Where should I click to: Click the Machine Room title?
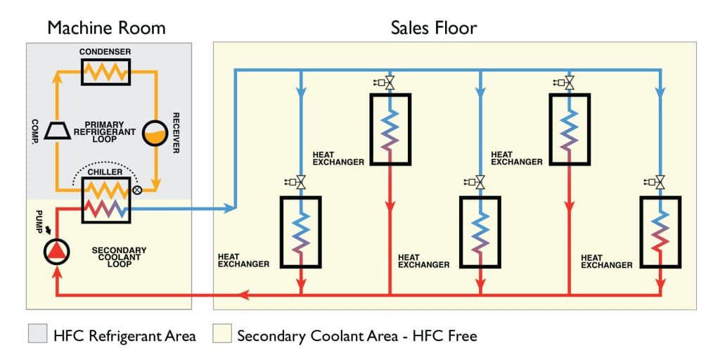(x=106, y=28)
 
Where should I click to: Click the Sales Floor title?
(x=434, y=28)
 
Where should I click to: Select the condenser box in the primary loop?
(x=105, y=71)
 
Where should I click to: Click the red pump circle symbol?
(x=54, y=250)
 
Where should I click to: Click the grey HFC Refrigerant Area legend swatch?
(x=37, y=335)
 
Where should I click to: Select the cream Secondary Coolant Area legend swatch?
(x=223, y=335)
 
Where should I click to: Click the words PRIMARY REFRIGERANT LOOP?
(x=104, y=130)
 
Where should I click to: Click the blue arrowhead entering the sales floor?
(x=229, y=208)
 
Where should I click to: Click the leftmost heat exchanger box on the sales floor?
(x=300, y=231)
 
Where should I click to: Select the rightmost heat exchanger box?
(x=659, y=231)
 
